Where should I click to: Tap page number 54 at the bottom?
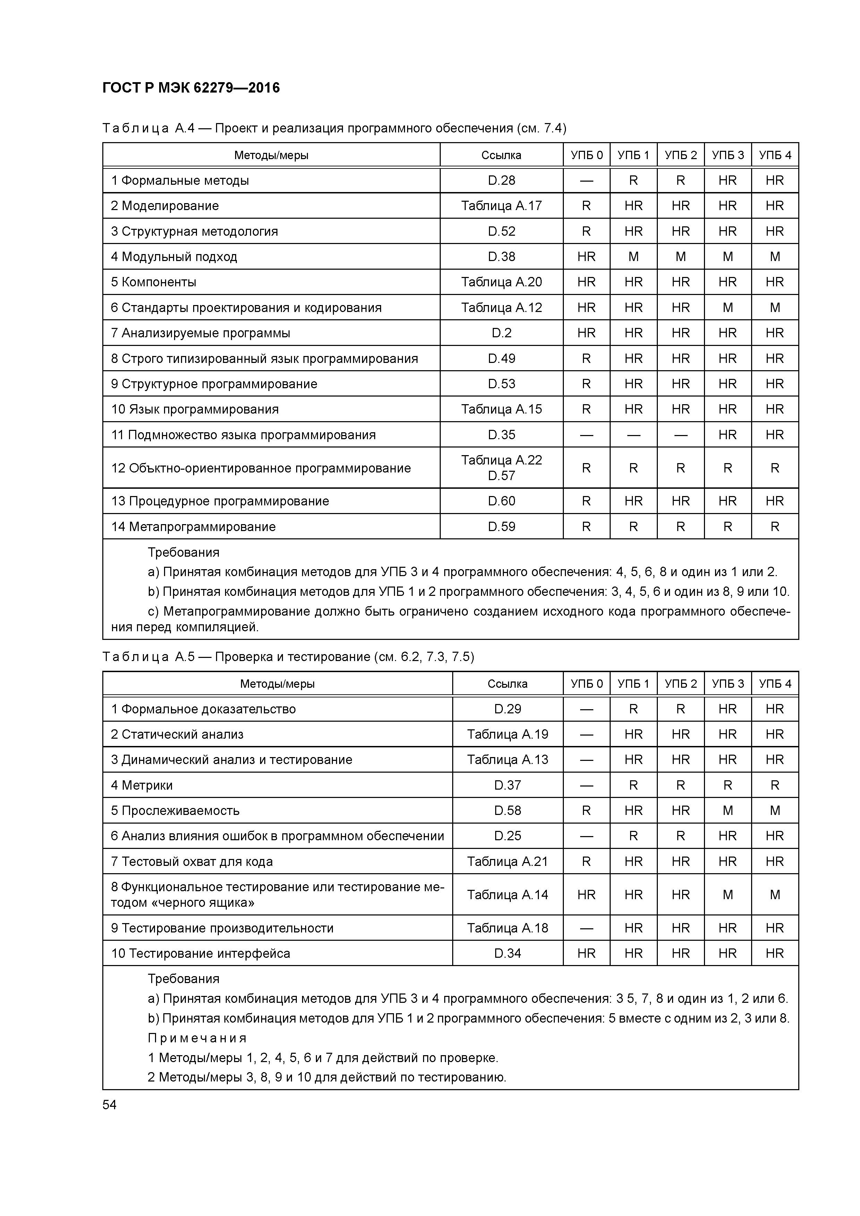point(110,1105)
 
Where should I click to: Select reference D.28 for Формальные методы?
point(501,181)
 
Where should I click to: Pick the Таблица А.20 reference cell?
point(501,282)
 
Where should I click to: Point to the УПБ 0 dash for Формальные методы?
point(586,181)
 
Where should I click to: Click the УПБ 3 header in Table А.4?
point(728,155)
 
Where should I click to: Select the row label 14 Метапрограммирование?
point(193,527)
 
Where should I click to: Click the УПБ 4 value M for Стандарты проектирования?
point(775,308)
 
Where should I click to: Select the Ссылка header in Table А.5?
point(507,684)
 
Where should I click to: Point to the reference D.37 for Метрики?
point(507,785)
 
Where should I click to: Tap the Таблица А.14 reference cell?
point(507,895)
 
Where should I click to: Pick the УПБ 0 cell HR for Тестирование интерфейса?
point(586,953)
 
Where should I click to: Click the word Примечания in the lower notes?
point(197,1038)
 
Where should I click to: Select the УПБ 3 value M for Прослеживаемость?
point(728,811)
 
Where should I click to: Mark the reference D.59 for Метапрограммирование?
point(501,527)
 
